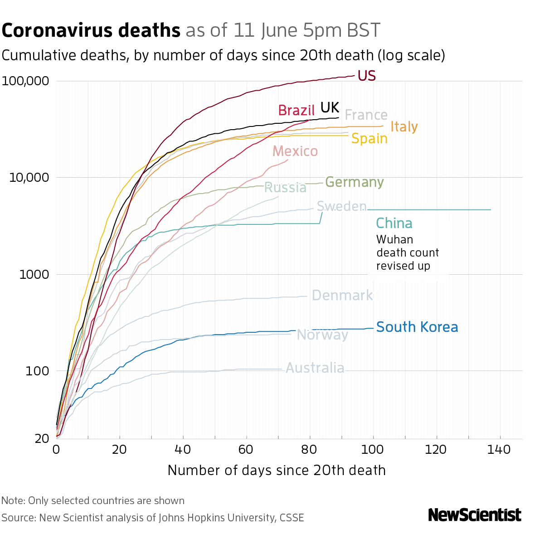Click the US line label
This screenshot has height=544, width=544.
[366, 76]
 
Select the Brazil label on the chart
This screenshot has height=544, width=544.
[296, 110]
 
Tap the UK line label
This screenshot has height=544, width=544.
[330, 107]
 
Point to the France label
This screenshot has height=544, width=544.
[366, 115]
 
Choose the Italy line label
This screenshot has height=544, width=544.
[404, 126]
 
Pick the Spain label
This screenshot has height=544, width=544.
[369, 138]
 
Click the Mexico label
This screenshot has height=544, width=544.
[295, 151]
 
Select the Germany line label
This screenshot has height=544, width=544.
[354, 182]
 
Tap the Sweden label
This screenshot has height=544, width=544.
[341, 207]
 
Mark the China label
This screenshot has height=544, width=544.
[394, 223]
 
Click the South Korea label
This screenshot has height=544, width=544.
[417, 327]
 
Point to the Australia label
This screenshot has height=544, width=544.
[315, 368]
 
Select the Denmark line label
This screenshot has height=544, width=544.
[342, 296]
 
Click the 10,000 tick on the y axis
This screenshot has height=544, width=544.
[29, 178]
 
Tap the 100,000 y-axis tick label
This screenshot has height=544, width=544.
[25, 81]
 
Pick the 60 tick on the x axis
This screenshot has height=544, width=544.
[246, 450]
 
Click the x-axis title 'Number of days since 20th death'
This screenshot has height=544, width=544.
[277, 470]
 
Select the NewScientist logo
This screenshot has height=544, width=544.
[475, 515]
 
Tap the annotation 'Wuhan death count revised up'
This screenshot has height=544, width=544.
[407, 253]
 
